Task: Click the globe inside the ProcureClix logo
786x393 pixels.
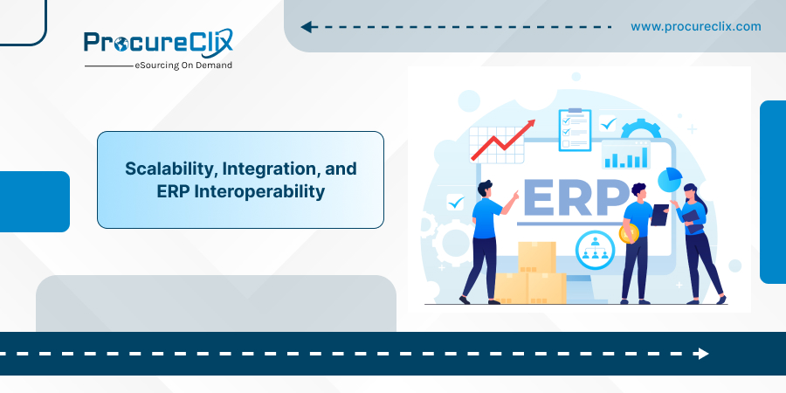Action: click(121, 45)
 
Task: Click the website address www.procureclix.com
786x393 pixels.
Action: click(696, 26)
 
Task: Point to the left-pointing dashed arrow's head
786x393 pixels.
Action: click(307, 27)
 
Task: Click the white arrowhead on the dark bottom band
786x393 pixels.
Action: click(702, 354)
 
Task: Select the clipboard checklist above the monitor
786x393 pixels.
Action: click(575, 129)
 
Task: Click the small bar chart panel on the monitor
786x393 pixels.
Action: click(625, 155)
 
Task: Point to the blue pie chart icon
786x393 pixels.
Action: click(670, 179)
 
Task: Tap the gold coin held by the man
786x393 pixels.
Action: click(629, 234)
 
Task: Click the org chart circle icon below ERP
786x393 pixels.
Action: click(595, 248)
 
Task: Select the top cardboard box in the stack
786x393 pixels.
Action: click(537, 257)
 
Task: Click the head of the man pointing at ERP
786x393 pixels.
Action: click(485, 189)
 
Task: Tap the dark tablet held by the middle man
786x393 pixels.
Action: click(659, 215)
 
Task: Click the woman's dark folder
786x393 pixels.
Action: click(692, 222)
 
